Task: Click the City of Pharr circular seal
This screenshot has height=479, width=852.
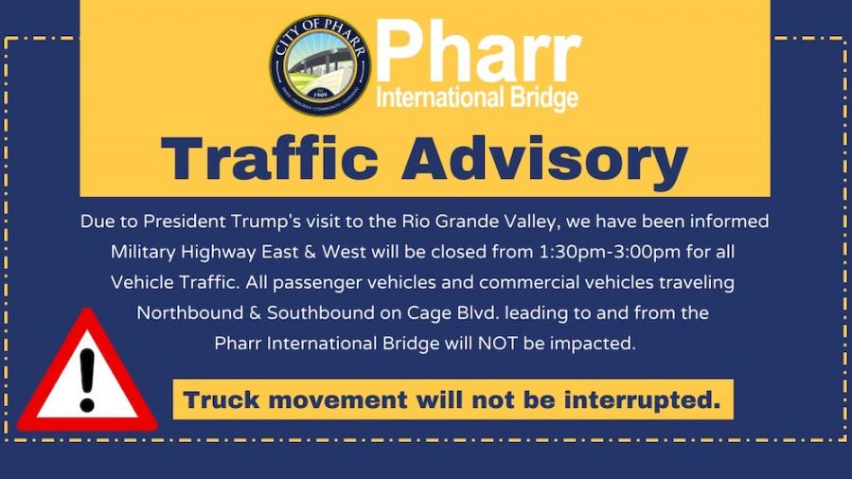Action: coord(320,64)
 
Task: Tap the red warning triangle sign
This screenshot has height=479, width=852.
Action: coord(87,370)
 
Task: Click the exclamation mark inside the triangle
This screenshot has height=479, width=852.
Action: coord(87,379)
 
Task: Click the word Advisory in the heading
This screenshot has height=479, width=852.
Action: coord(545,161)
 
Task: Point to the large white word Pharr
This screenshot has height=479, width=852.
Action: coord(478,52)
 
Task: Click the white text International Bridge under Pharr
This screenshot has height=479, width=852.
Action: coord(477,98)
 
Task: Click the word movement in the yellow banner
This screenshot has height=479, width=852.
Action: coord(337,400)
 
